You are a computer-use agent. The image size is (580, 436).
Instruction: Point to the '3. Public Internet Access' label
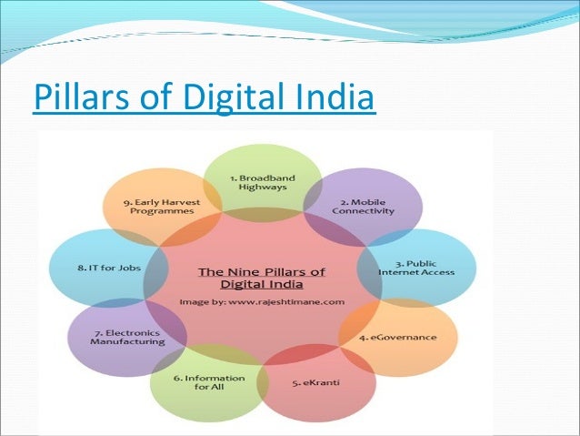[x=416, y=266]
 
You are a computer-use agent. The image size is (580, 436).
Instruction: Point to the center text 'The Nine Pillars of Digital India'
[x=262, y=277]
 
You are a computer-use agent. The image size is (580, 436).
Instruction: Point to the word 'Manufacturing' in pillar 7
[x=129, y=342]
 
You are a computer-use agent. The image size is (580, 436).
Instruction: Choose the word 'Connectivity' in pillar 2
[x=363, y=210]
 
